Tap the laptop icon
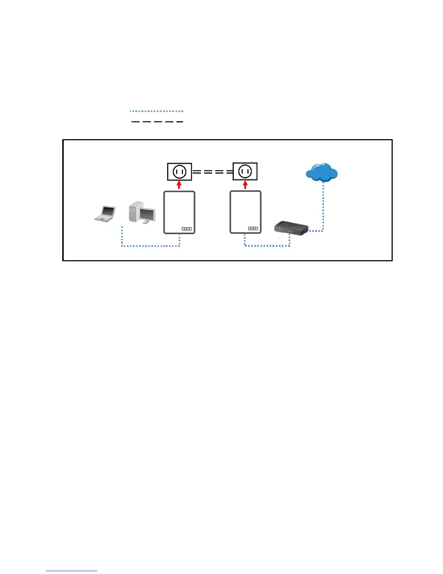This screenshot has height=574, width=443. tap(105, 213)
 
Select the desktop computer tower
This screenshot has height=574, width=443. tap(134, 212)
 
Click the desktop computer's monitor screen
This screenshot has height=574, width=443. tap(147, 214)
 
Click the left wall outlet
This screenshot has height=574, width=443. tap(180, 171)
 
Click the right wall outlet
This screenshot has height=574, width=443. tap(245, 171)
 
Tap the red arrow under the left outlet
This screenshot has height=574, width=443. tap(179, 185)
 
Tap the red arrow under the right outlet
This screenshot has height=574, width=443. tap(245, 185)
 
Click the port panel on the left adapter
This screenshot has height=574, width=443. tap(186, 229)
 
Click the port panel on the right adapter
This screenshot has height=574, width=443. tap(253, 228)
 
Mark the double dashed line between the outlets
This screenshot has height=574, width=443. tap(212, 172)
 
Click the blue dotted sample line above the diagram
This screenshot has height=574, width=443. tap(156, 111)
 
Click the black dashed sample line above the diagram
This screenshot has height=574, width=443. tap(156, 121)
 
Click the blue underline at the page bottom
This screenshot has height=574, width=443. tap(72, 571)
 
